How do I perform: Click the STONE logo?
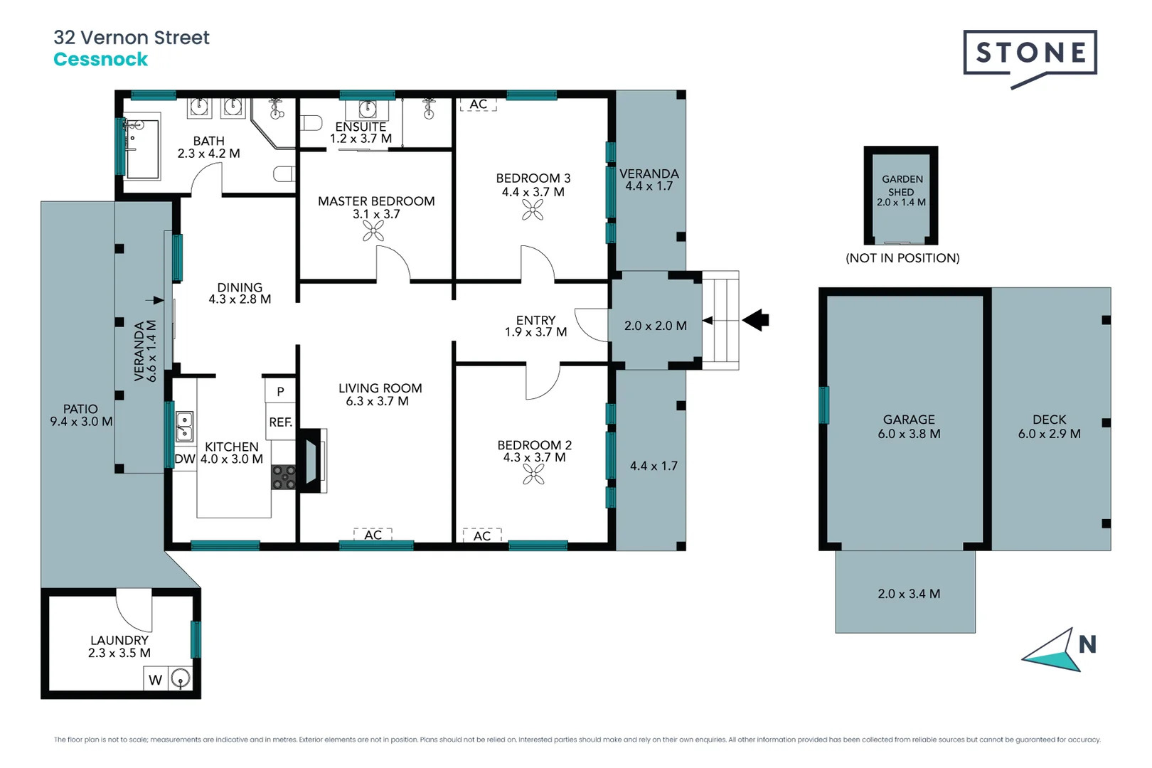pyautogui.click(x=1030, y=53)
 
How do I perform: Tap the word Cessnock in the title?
pyautogui.click(x=100, y=60)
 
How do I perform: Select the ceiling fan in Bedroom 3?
pyautogui.click(x=533, y=210)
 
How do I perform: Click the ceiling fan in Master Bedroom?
pyautogui.click(x=373, y=231)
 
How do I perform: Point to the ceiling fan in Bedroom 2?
pyautogui.click(x=533, y=474)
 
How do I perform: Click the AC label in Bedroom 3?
pyautogui.click(x=478, y=105)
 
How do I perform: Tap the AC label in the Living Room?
pyautogui.click(x=373, y=535)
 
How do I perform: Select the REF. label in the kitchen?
pyautogui.click(x=280, y=422)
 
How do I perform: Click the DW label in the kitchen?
pyautogui.click(x=184, y=459)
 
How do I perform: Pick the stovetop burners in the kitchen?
pyautogui.click(x=284, y=477)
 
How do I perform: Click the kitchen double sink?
pyautogui.click(x=184, y=426)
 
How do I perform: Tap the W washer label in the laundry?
pyautogui.click(x=155, y=680)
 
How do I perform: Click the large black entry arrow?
pyautogui.click(x=756, y=320)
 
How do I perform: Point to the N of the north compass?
pyautogui.click(x=1087, y=645)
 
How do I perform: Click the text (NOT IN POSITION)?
pyautogui.click(x=902, y=258)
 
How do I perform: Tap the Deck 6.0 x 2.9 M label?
pyautogui.click(x=1049, y=427)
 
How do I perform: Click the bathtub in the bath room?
pyautogui.click(x=142, y=149)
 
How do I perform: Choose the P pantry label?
pyautogui.click(x=280, y=392)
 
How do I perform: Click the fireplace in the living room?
pyautogui.click(x=311, y=461)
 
